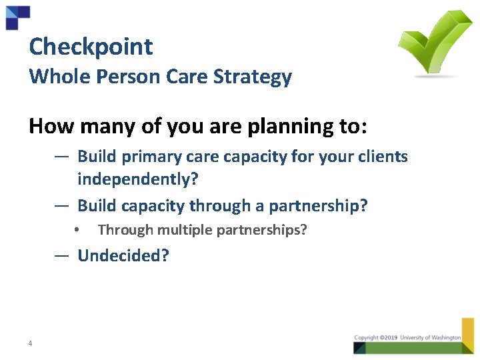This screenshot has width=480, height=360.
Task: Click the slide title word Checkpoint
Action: (x=91, y=47)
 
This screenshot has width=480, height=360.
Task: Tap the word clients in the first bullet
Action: (x=383, y=157)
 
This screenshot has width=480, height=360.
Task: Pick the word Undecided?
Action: (x=123, y=256)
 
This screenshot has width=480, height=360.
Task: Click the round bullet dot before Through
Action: (x=78, y=231)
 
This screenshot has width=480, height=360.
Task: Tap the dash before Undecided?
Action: (x=61, y=255)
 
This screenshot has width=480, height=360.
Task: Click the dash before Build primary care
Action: (x=61, y=157)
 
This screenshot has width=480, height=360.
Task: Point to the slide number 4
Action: (x=31, y=344)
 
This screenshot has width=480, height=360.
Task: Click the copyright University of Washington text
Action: (x=407, y=338)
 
